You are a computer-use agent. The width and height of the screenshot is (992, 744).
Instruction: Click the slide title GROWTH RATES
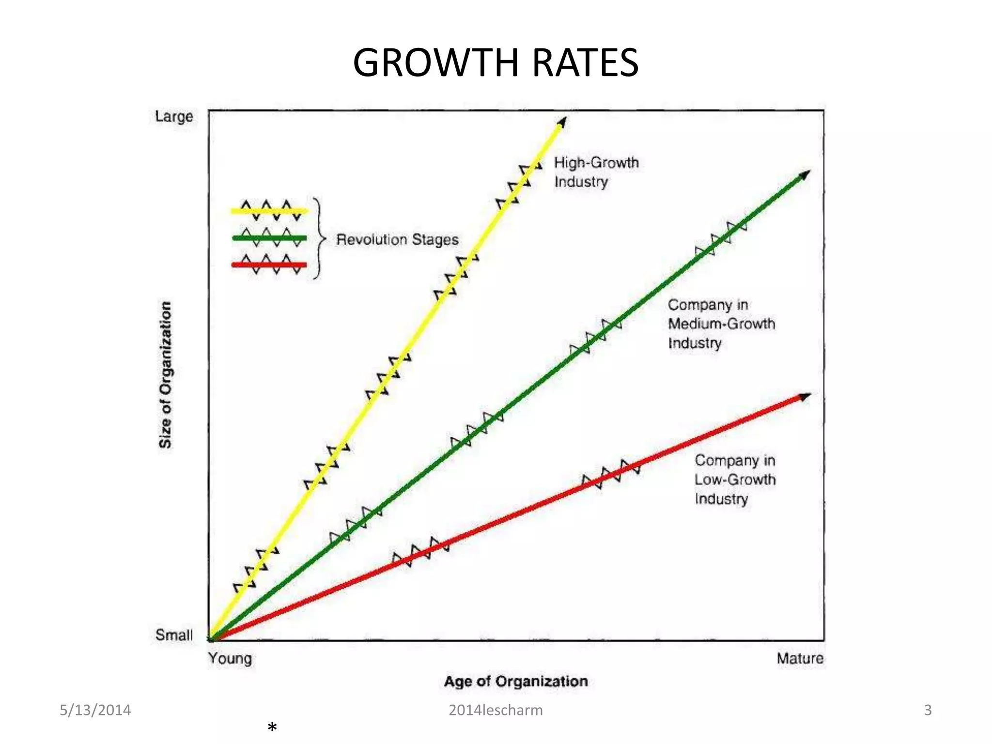[x=496, y=62]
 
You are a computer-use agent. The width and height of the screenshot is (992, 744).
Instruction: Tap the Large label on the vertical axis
[x=174, y=117]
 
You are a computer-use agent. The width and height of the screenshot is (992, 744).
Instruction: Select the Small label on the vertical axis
[x=174, y=635]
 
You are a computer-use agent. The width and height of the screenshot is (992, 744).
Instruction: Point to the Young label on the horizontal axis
[x=230, y=658]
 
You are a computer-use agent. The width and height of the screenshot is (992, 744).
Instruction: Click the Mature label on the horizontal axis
[x=800, y=658]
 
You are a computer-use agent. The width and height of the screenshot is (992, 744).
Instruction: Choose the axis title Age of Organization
[x=516, y=681]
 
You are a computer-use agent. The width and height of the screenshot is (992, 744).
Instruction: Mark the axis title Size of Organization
[x=166, y=374]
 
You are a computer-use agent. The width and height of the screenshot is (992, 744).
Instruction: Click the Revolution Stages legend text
[x=397, y=239]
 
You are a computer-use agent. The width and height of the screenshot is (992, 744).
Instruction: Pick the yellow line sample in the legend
[x=269, y=211]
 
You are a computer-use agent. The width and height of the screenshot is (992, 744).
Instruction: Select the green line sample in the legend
[x=269, y=238]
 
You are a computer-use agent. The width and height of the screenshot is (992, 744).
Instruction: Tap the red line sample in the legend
[x=269, y=264]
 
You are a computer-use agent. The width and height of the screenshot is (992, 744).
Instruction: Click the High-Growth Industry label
[x=596, y=172]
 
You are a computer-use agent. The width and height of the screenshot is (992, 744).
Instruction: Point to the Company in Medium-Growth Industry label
[x=721, y=324]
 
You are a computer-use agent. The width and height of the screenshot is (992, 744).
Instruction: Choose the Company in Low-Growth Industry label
[x=735, y=479]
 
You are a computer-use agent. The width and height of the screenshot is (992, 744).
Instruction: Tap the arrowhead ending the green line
[x=805, y=175]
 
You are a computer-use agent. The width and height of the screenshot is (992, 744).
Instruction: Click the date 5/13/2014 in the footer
[x=95, y=710]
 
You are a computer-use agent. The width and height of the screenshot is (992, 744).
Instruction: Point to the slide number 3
[x=928, y=710]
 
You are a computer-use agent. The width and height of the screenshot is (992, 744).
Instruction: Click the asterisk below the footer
[x=272, y=727]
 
